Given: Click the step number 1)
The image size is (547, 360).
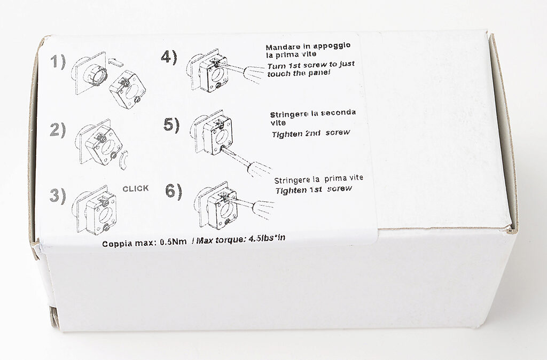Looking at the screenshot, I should click(x=58, y=62).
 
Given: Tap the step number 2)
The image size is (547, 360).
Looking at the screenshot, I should click(x=58, y=130).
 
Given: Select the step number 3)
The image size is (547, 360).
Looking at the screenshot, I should click(x=58, y=195).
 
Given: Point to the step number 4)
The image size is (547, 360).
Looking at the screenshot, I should click(x=169, y=57).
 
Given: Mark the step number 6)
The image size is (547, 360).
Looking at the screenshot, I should click(x=174, y=190).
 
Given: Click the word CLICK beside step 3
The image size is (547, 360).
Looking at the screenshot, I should click(x=136, y=188).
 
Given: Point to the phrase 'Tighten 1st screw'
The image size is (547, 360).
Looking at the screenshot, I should click(x=308, y=190).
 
